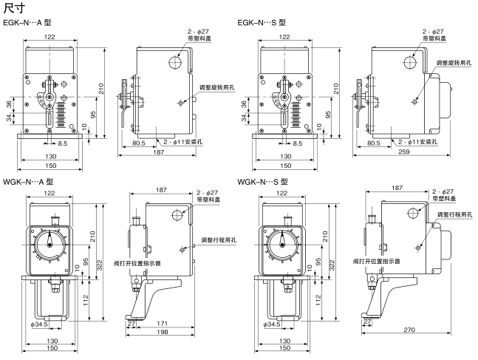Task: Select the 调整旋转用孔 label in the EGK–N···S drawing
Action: point(453,64)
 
